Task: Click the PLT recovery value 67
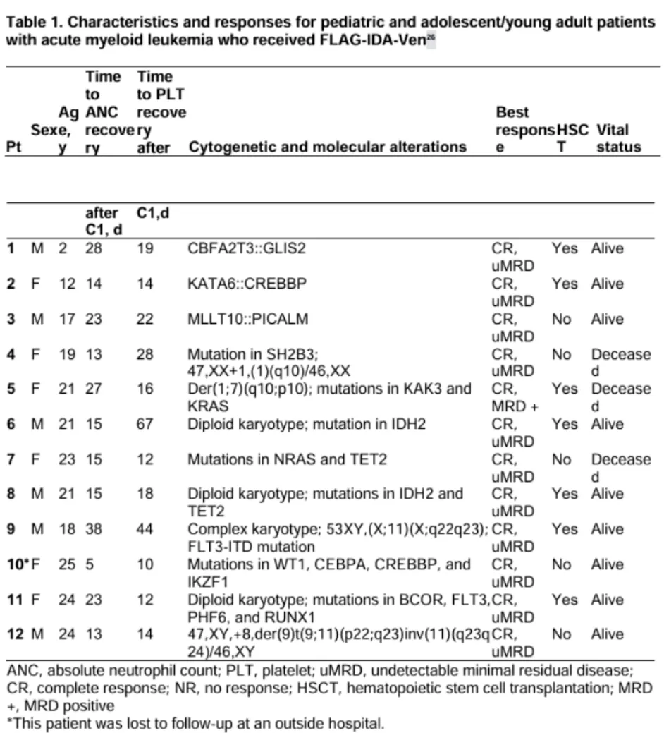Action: (145, 424)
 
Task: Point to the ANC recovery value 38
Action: (94, 529)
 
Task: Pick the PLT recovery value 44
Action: (145, 529)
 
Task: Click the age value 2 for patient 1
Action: (63, 249)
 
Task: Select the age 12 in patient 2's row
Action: (67, 284)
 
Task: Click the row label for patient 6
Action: (11, 424)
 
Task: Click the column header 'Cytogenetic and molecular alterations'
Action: (328, 147)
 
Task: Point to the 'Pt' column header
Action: (13, 147)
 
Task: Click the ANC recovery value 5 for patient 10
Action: (90, 564)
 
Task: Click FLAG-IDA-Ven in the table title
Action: (366, 39)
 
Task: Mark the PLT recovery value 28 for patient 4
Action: (145, 354)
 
